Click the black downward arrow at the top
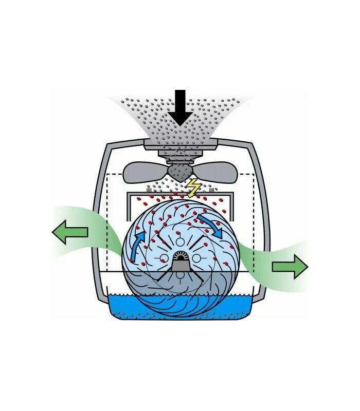(x=180, y=108)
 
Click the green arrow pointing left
(x=70, y=232)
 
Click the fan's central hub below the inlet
(x=180, y=172)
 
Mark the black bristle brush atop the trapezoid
(x=180, y=255)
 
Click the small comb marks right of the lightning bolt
(x=211, y=191)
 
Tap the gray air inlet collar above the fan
(x=180, y=147)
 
